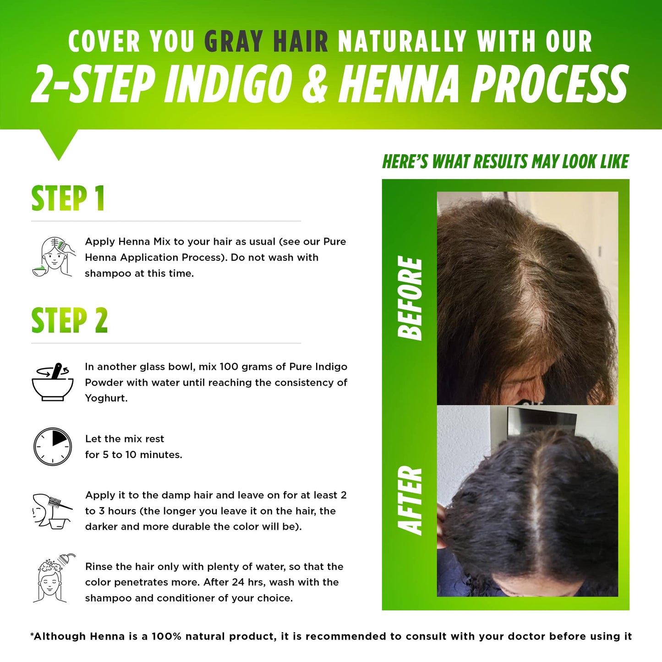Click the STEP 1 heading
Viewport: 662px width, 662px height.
68,198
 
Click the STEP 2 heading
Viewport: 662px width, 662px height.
69,320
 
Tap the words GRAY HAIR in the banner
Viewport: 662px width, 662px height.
266,41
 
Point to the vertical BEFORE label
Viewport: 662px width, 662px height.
410,298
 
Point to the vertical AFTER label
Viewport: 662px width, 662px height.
410,500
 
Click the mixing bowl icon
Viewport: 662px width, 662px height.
52,382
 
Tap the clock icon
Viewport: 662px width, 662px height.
53,447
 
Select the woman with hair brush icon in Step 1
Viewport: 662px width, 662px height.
53,256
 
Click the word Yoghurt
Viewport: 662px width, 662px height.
106,399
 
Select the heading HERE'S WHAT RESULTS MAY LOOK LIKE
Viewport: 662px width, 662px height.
505,161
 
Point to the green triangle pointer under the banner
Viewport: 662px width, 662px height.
58,142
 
